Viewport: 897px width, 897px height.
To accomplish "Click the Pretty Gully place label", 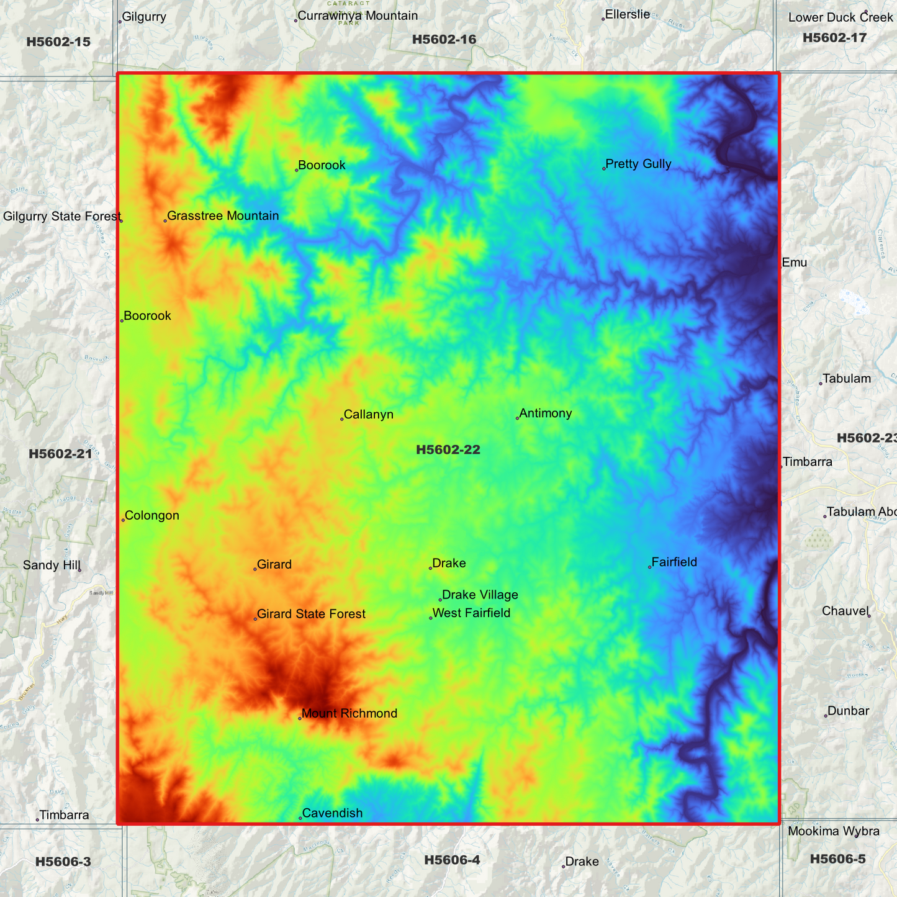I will (638, 164).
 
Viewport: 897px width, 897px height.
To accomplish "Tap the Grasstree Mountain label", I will (223, 216).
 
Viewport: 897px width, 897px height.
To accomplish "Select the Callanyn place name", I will (368, 415).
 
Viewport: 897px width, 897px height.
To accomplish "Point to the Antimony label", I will (545, 413).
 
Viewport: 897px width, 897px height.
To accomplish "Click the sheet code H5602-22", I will (448, 450).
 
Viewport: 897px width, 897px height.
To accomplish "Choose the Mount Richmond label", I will (349, 714).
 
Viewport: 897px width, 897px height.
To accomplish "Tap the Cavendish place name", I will (332, 813).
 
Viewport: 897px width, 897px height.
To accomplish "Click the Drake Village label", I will (480, 595).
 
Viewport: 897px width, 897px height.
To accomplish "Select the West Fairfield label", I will (471, 613).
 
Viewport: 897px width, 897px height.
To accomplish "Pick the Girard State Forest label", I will (311, 615).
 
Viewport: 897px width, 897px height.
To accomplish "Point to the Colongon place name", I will (151, 516).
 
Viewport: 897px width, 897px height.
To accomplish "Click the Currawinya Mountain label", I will (358, 16).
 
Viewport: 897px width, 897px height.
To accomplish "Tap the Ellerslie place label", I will (627, 14).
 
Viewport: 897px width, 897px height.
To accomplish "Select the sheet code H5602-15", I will (58, 42).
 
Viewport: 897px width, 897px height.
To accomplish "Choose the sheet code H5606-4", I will (452, 860).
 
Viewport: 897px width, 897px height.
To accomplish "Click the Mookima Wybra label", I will (833, 832).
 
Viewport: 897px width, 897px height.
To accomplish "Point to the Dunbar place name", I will (848, 711).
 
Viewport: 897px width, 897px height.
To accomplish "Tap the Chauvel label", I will (844, 611).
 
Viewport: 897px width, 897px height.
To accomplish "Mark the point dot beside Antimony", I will (517, 418).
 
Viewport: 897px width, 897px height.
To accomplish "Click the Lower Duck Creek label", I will (840, 17).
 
